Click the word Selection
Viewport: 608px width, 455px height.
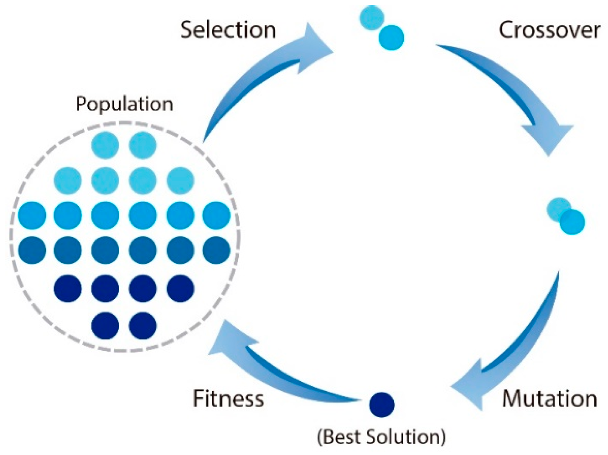pyautogui.click(x=228, y=30)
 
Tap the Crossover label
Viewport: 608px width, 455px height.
pyautogui.click(x=549, y=30)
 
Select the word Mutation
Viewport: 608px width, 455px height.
pyautogui.click(x=550, y=399)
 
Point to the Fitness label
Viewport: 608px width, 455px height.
pyautogui.click(x=228, y=399)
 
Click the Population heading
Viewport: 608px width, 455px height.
pyautogui.click(x=124, y=104)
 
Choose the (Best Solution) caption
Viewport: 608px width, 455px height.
pyautogui.click(x=381, y=437)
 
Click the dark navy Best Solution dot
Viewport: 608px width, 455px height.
pyautogui.click(x=382, y=405)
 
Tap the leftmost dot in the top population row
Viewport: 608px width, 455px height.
pyautogui.click(x=105, y=145)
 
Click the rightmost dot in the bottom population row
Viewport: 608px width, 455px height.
pyautogui.click(x=143, y=325)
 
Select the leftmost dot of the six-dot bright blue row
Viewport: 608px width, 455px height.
pyautogui.click(x=32, y=215)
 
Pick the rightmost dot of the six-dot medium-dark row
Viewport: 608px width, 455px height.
pyautogui.click(x=216, y=250)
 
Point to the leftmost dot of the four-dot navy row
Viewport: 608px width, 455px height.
pyautogui.click(x=68, y=289)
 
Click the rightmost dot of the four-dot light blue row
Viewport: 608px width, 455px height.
pyautogui.click(x=180, y=180)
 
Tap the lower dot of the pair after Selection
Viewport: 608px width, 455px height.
pyautogui.click(x=391, y=38)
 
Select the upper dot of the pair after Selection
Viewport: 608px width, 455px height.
pyautogui.click(x=371, y=17)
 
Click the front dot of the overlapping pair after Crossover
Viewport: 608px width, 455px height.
pyautogui.click(x=572, y=222)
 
